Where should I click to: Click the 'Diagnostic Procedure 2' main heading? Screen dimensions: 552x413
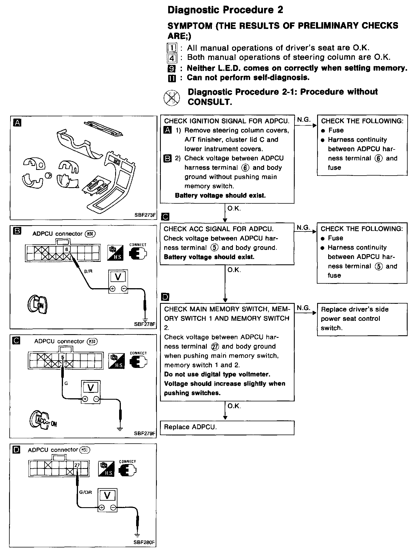click(225, 10)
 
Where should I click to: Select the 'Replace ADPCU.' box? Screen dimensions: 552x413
click(227, 427)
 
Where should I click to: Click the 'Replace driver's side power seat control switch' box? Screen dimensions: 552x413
click(362, 319)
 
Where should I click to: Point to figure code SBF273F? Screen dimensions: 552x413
click(145, 215)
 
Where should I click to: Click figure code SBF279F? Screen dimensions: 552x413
click(145, 433)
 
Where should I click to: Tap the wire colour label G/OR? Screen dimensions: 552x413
click(85, 492)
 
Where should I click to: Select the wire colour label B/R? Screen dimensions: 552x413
click(88, 271)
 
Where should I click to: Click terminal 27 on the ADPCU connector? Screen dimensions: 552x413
click(77, 465)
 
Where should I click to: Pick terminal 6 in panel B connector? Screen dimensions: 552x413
click(67, 249)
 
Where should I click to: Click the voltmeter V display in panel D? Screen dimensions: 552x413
click(107, 495)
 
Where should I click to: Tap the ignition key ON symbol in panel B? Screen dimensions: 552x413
click(38, 305)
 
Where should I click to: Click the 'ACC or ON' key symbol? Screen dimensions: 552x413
click(43, 420)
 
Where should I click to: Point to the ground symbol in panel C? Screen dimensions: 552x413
click(120, 429)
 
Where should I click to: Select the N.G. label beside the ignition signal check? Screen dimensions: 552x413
click(304, 120)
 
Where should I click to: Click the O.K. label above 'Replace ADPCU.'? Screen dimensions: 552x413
click(234, 406)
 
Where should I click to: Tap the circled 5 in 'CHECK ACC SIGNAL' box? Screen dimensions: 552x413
click(214, 248)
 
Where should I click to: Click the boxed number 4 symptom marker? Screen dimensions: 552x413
click(172, 58)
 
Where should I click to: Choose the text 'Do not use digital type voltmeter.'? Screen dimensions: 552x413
click(217, 374)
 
